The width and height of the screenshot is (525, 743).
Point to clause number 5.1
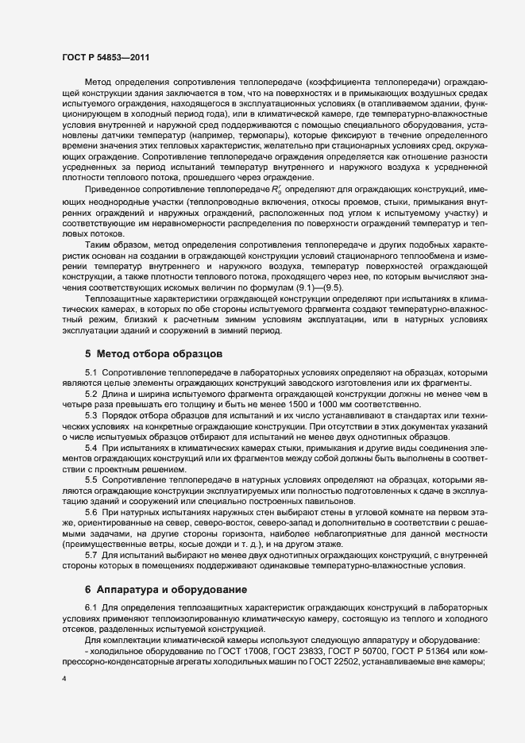(x=91, y=372)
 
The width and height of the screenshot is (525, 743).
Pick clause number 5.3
(x=91, y=416)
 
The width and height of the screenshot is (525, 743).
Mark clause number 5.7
(x=91, y=556)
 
